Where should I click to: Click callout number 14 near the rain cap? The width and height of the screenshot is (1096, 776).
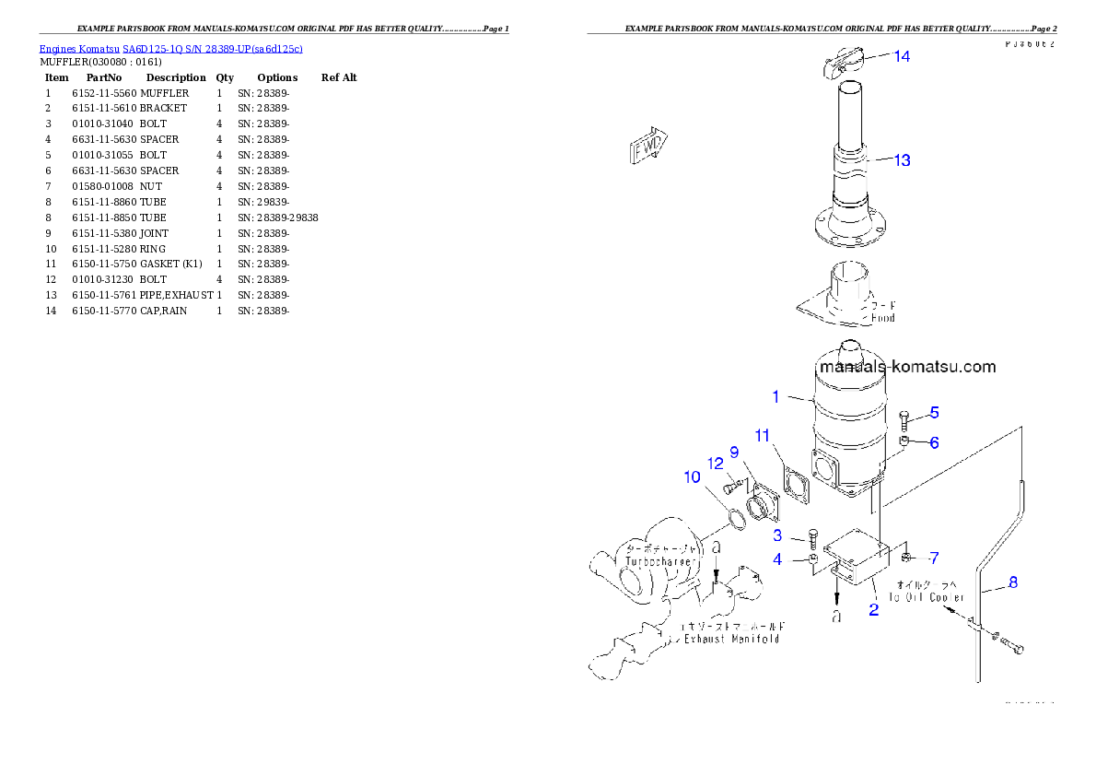click(x=902, y=56)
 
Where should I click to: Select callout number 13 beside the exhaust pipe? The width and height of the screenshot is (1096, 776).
click(x=902, y=160)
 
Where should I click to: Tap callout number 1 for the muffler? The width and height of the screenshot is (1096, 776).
click(x=776, y=397)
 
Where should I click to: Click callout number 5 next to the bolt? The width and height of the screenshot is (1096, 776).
click(x=934, y=412)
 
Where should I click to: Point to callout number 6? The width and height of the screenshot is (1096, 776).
click(x=934, y=442)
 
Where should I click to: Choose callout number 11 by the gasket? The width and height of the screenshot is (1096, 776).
click(x=762, y=434)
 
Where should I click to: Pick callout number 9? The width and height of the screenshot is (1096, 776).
click(x=734, y=452)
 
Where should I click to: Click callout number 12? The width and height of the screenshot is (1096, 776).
click(x=716, y=463)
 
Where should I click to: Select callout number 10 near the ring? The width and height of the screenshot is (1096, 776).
click(x=692, y=476)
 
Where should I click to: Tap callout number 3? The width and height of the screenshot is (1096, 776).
click(x=777, y=535)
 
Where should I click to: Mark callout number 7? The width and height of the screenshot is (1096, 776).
click(x=934, y=558)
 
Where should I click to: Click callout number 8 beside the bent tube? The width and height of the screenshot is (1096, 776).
click(x=1013, y=582)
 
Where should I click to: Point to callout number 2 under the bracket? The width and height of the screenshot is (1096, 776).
click(x=873, y=610)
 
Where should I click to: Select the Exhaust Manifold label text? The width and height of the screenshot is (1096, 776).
click(x=731, y=639)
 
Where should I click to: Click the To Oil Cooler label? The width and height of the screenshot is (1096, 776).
click(x=927, y=597)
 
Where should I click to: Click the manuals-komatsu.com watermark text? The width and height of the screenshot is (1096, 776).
click(x=906, y=367)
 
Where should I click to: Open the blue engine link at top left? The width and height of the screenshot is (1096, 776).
click(x=170, y=48)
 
